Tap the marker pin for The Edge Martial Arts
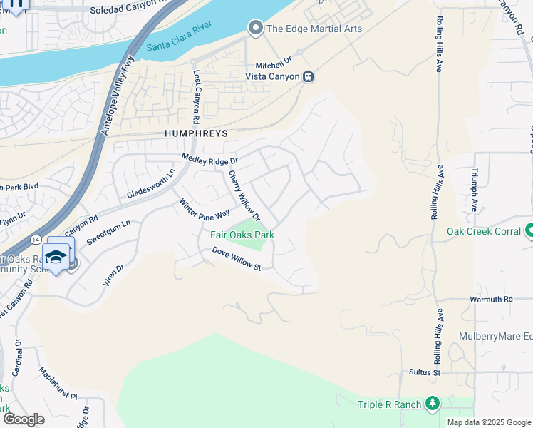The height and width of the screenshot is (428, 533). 255,29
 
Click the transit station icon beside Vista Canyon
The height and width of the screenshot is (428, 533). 308,76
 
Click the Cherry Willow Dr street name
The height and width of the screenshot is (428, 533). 244,195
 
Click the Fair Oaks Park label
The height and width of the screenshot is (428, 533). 242,235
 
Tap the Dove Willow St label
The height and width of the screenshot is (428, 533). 237,259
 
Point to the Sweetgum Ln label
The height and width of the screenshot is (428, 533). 109,233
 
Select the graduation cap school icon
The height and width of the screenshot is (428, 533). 56,256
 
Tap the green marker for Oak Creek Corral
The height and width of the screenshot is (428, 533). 529,230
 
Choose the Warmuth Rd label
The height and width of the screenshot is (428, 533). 491,300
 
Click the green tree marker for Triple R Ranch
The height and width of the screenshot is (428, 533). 432,404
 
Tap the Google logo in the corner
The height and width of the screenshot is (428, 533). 23,419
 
